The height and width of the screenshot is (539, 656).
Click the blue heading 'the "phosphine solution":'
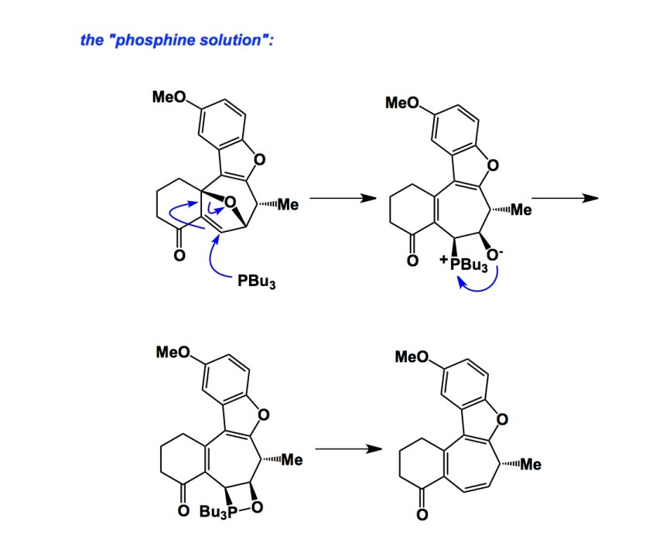pos(176,39)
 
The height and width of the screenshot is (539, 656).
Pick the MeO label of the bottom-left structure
pos(173,353)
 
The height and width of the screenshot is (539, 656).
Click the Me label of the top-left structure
pos(288,205)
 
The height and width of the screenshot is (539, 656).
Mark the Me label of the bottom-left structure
pos(291,460)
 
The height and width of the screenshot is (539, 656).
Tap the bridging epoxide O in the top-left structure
pos(230,203)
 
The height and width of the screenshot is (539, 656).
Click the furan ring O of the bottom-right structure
pos(504,420)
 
